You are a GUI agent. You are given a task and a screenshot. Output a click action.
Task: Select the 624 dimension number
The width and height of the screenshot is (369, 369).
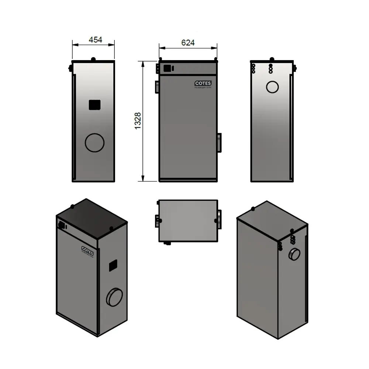coord(188,43)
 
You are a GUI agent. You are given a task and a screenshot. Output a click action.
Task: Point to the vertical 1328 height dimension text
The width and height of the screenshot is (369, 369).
coord(138,121)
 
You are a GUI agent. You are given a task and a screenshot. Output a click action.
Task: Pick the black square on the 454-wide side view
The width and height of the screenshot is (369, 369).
coord(94,105)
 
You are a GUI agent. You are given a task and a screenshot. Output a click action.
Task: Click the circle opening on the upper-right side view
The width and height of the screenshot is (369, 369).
coord(273,87)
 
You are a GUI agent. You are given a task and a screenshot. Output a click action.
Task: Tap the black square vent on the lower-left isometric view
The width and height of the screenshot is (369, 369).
coord(113,265)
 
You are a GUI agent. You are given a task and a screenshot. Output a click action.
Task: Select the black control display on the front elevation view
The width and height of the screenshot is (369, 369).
coord(168,68)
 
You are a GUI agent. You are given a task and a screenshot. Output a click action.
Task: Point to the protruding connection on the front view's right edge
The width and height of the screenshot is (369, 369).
coord(219,142)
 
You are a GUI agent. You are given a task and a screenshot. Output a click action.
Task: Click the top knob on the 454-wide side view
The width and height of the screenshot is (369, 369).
coord(93,59)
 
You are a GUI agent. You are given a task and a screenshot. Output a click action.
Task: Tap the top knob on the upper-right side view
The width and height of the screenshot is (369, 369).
coord(272,59)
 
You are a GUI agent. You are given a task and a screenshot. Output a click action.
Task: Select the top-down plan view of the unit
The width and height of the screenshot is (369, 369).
coord(187,221)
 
